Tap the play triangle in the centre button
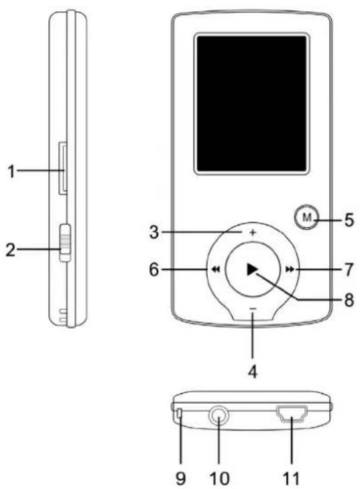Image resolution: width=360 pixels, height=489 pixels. tap(252, 269)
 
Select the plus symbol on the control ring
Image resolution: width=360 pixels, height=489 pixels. tap(253, 232)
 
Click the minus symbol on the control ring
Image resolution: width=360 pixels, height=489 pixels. tap(253, 309)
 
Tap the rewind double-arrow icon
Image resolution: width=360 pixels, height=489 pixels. tap(216, 269)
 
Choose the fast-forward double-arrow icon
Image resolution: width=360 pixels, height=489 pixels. tap(290, 269)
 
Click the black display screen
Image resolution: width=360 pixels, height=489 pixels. tap(252, 103)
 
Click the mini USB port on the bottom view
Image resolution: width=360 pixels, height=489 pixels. tap(292, 413)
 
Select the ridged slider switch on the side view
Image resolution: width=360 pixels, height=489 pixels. tap(65, 242)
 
